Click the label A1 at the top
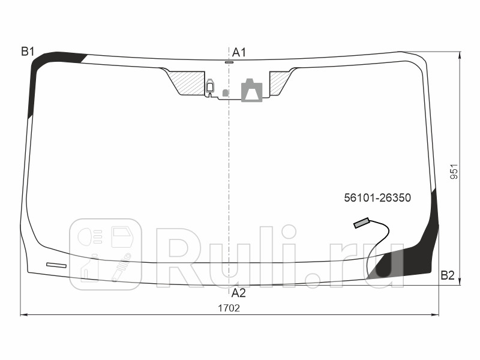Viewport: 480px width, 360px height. [239, 52]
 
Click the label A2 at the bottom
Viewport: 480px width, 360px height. [239, 293]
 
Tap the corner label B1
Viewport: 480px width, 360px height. [28, 52]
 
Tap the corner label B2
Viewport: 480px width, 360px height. [448, 275]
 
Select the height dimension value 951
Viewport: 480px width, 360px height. [454, 172]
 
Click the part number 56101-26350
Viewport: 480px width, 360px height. [377, 197]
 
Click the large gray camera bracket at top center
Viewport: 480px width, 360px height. [251, 89]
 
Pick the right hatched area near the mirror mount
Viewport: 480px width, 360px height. [278, 82]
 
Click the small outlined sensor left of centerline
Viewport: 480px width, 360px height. [210, 86]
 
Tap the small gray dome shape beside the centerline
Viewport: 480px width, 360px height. [225, 93]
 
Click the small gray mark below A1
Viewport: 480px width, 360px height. [229, 62]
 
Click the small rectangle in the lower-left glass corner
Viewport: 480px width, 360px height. [56, 265]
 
